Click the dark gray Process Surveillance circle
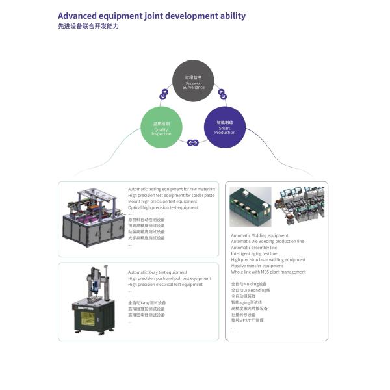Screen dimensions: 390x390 pyautogui.click(x=193, y=83)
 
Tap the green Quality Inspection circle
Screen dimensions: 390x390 pyautogui.click(x=162, y=127)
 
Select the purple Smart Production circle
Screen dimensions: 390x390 pyautogui.click(x=225, y=126)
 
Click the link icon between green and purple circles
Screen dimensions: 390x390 pyautogui.click(x=193, y=142)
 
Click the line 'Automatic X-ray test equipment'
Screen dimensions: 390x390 pyautogui.click(x=157, y=272)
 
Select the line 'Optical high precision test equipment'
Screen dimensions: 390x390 pyautogui.click(x=163, y=207)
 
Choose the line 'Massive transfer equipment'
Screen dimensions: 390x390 pyautogui.click(x=257, y=266)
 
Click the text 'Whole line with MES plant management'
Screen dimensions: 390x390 pyautogui.click(x=268, y=272)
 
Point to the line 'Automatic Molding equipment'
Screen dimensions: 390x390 pyautogui.click(x=259, y=235)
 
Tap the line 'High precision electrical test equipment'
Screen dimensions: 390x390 pyautogui.click(x=165, y=284)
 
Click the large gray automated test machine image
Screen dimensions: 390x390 pyautogui.click(x=92, y=216)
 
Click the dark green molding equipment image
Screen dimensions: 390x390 pyautogui.click(x=250, y=207)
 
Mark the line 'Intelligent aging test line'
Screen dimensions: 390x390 pyautogui.click(x=254, y=253)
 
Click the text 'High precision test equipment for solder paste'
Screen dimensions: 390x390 pyautogui.click(x=171, y=195)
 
